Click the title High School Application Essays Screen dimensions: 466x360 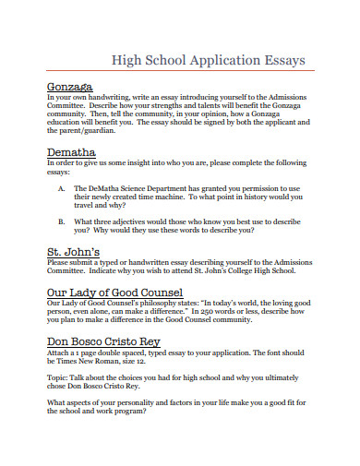[x=208, y=61]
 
